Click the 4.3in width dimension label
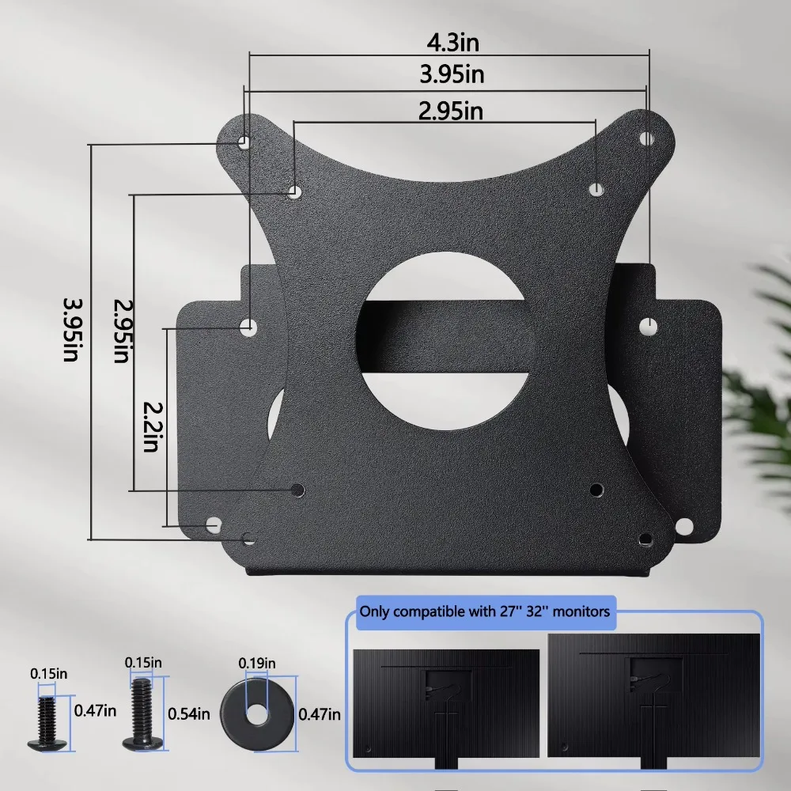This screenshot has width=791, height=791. click(x=449, y=42)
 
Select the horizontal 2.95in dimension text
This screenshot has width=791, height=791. click(x=450, y=111)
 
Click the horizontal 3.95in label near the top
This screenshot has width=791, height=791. click(x=450, y=75)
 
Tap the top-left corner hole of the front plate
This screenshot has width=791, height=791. click(x=244, y=142)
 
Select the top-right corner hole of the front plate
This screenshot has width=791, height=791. click(x=645, y=138)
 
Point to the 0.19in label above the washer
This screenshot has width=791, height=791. click(x=258, y=662)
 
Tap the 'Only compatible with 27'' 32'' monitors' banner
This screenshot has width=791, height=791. click(x=484, y=611)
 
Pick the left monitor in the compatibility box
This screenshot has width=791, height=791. click(x=446, y=701)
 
